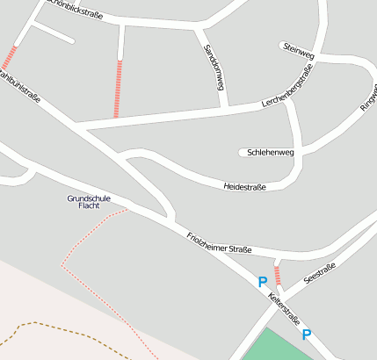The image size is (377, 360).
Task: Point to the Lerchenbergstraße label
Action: point(287,92)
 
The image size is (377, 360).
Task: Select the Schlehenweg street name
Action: point(271,152)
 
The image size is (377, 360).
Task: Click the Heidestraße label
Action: point(245,187)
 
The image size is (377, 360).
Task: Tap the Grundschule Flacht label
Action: point(89,202)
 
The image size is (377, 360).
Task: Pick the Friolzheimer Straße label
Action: point(220,243)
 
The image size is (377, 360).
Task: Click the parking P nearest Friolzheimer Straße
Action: point(262,282)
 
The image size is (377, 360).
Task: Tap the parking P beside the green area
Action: point(307,335)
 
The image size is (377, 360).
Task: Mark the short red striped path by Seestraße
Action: point(278,277)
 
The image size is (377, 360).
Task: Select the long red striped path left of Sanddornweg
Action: point(118,88)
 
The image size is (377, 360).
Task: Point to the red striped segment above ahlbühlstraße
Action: point(10,57)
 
